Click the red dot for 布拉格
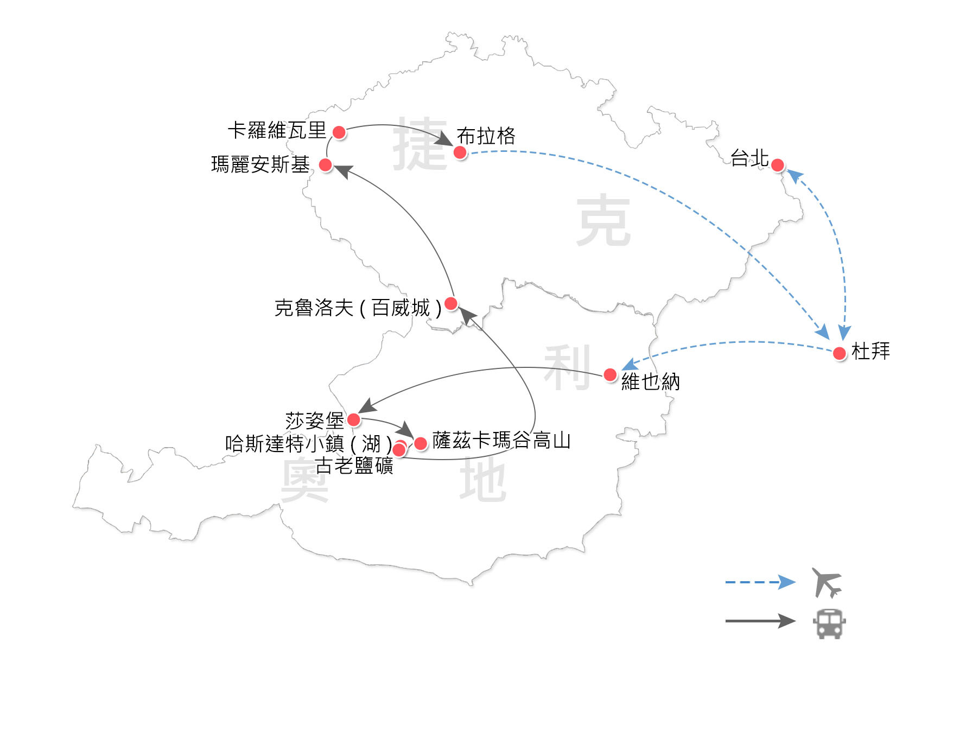click(x=460, y=152)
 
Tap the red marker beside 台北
click(x=777, y=165)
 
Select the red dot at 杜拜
click(x=840, y=353)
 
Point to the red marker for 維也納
click(x=610, y=374)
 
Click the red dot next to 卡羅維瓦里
click(x=339, y=132)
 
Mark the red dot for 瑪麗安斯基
click(x=326, y=165)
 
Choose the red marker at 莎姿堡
click(x=353, y=419)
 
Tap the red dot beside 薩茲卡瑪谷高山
click(x=421, y=443)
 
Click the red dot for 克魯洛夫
click(x=450, y=303)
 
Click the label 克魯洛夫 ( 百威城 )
click(x=358, y=308)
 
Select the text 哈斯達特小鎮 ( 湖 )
click(x=308, y=444)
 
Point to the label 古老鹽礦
click(x=354, y=466)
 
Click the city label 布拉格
click(x=486, y=136)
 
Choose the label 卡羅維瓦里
click(x=277, y=130)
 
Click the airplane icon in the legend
click(x=827, y=582)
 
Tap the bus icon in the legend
click(x=829, y=623)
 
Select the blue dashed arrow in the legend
click(x=760, y=582)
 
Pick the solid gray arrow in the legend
click(x=760, y=621)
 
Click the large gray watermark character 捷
click(x=421, y=144)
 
